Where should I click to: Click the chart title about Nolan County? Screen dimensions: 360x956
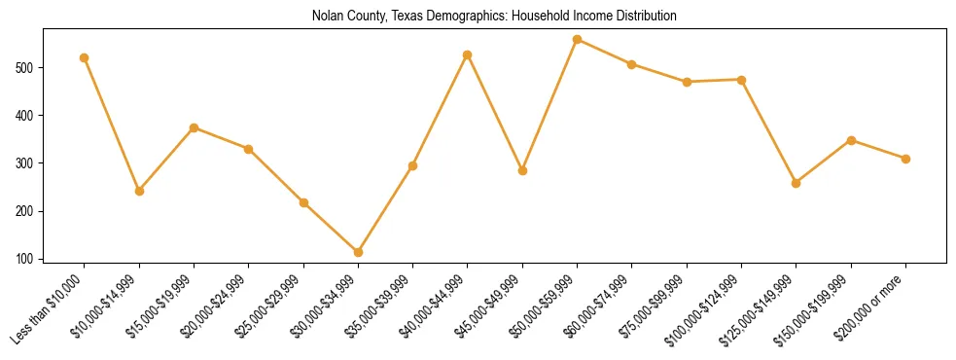coord(494,16)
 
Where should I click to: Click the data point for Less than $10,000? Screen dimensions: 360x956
coord(85,57)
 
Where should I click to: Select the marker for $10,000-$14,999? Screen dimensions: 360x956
coord(139,191)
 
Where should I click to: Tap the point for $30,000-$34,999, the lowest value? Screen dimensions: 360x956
coord(359,252)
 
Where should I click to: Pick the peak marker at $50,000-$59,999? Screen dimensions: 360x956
coord(578,40)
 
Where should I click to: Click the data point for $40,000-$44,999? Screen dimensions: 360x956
coord(468,54)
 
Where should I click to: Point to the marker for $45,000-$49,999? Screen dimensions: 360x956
coord(523,170)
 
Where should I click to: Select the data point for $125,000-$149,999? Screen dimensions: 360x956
coord(797,183)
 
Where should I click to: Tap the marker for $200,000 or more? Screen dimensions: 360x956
coord(905,159)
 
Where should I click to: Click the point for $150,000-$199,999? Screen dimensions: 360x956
coord(851,140)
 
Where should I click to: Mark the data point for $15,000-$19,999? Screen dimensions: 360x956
coord(195,127)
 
